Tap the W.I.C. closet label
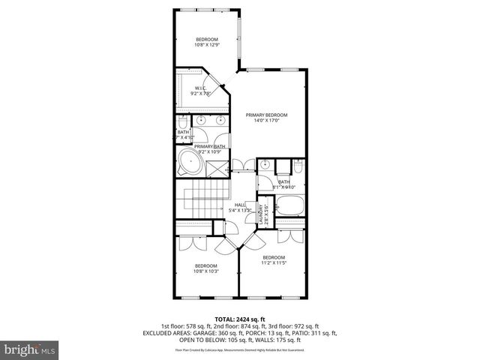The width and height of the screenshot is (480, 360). coord(201,91)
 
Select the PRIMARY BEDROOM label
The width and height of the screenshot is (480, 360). coord(266,118)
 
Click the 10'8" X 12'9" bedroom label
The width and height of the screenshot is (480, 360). coord(206,42)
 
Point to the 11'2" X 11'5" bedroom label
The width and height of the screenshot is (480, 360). coord(274,259)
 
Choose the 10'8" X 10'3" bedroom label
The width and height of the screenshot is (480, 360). coord(205,269)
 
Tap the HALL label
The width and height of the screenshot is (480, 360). coord(240,207)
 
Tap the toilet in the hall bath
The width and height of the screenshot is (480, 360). coord(297,166)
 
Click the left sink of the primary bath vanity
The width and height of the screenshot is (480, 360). coord(201,120)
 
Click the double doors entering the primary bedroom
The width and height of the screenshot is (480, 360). coord(240,165)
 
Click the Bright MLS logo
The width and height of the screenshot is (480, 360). coord(28,349)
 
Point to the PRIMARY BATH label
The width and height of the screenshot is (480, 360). coord(210,147)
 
